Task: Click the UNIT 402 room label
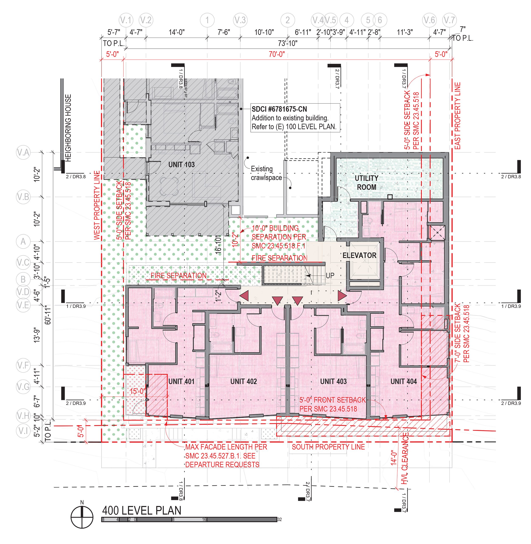(x=243, y=381)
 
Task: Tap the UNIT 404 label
(x=403, y=381)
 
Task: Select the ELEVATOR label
(x=359, y=255)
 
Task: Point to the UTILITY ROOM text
(x=366, y=182)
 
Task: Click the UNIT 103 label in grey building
(x=181, y=165)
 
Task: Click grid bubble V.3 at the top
(x=240, y=20)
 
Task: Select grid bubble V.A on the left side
(x=23, y=152)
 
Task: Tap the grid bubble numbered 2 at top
(x=288, y=20)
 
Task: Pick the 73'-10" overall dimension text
(x=288, y=43)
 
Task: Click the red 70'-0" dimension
(x=276, y=54)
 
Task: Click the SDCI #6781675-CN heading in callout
(x=279, y=109)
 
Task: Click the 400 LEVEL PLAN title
(x=142, y=510)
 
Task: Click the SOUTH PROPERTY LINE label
(x=328, y=447)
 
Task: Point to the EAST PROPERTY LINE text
(x=458, y=116)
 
